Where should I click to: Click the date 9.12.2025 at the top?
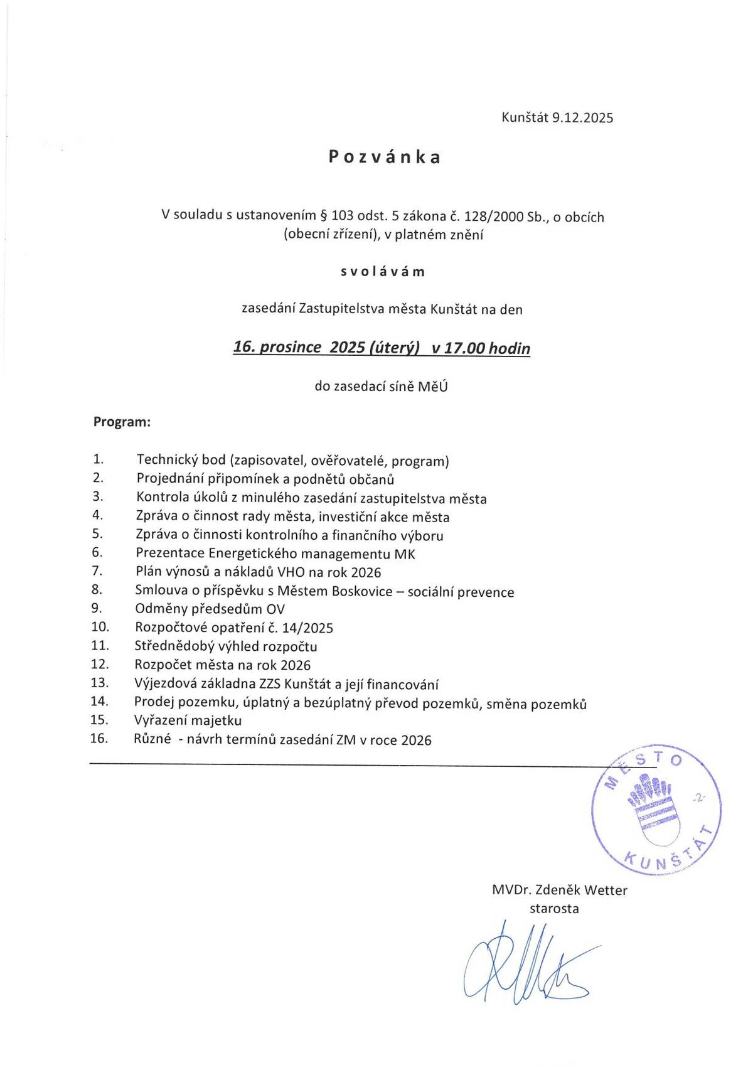click(582, 117)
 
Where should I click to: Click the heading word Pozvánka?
click(385, 157)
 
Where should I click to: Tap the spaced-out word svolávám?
click(383, 272)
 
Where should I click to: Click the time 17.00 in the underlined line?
click(464, 348)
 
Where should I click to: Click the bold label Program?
click(122, 422)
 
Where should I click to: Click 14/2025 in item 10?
click(307, 628)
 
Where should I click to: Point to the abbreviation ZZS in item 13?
click(270, 683)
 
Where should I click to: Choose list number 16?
click(99, 738)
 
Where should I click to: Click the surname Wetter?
click(606, 890)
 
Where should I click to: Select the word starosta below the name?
click(554, 908)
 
